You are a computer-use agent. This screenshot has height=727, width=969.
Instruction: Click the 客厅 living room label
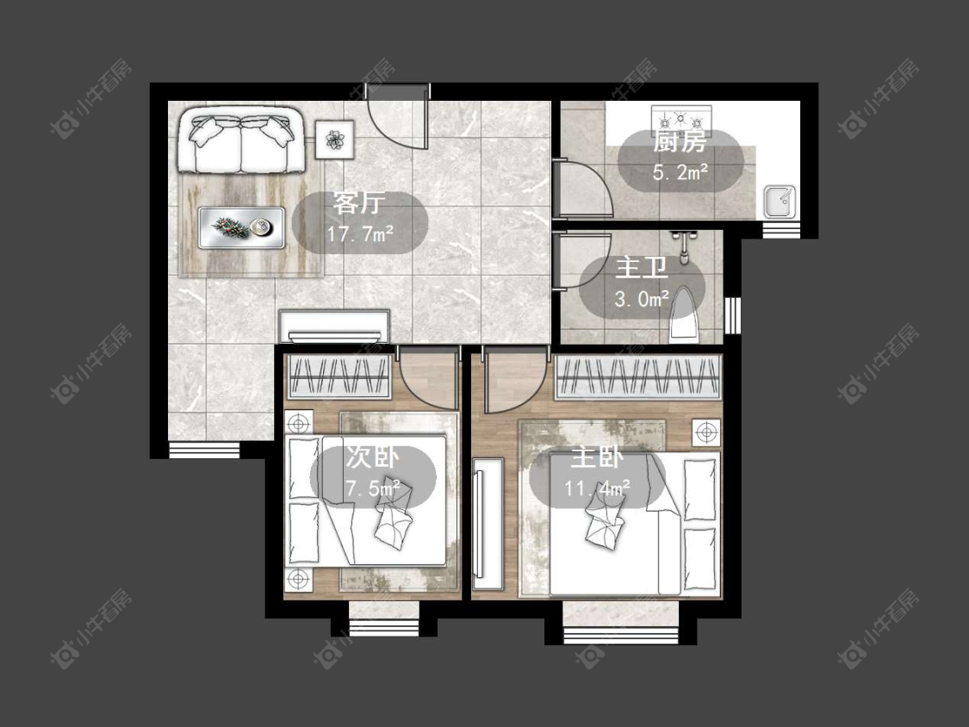(x=359, y=202)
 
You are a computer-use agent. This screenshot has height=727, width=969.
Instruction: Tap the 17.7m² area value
(x=361, y=234)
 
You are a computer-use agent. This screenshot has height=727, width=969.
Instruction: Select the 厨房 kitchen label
(x=680, y=142)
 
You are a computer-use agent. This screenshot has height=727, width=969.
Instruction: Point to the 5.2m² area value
(x=680, y=172)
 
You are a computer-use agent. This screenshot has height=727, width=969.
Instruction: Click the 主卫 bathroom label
(x=642, y=269)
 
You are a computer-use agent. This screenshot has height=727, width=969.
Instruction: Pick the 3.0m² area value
(x=642, y=299)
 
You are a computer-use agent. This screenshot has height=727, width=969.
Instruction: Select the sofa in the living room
(x=241, y=140)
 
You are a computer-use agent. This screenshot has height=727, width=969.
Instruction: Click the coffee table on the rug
(x=242, y=227)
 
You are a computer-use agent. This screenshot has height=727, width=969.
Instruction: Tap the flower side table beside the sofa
(x=334, y=139)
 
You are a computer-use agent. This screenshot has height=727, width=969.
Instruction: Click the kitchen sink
(x=780, y=202)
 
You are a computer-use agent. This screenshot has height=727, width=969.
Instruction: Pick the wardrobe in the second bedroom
(x=340, y=376)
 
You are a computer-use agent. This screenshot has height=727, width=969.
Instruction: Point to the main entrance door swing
(x=397, y=122)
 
